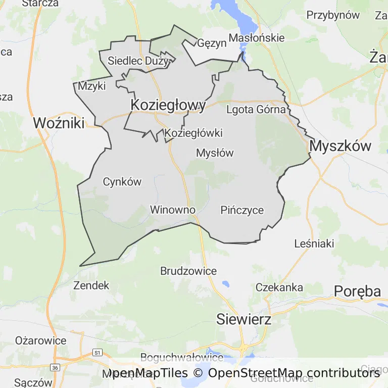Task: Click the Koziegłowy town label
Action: coord(168,105)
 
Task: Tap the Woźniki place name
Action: coord(59,122)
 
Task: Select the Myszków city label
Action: coord(341,147)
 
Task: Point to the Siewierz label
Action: coord(244,319)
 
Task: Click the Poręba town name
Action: coord(357,292)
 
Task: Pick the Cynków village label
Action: coord(122,182)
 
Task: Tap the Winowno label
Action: coord(172,210)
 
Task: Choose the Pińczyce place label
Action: coord(242,210)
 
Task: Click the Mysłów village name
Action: coord(215,153)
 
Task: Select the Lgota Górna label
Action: coord(257,109)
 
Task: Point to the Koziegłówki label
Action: coord(193,133)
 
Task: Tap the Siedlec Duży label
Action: coord(138,61)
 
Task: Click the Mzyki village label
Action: coord(92,86)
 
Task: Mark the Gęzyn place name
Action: coord(212,43)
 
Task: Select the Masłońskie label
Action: coord(257,38)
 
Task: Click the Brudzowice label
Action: coord(188,271)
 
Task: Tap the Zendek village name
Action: coord(91,285)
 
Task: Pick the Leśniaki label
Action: coord(314,244)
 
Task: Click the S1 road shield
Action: coord(98,352)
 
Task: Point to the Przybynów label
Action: coord(333,15)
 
